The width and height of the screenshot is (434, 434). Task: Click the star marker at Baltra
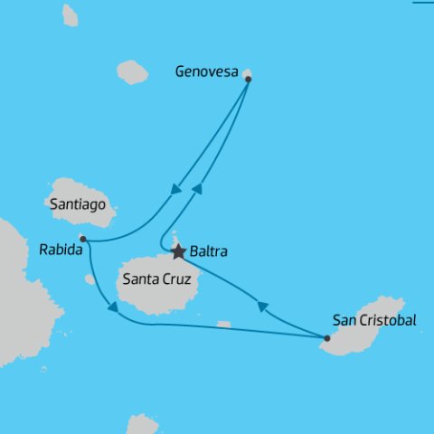coord(179,251)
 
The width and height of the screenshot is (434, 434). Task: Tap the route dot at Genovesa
coord(248,79)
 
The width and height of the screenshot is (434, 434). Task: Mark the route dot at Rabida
coord(82,240)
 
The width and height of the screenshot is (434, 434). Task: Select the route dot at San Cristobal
coord(326,339)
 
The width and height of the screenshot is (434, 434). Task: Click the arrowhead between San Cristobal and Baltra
coord(263,307)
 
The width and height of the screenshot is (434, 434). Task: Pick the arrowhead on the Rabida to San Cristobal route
coord(112,310)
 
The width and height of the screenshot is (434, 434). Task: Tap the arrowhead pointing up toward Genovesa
coord(198,189)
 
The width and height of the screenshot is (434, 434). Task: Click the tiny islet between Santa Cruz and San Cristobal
coord(223,325)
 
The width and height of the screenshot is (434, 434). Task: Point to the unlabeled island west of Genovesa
coord(132,72)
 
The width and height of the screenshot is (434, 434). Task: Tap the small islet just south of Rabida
coord(90,279)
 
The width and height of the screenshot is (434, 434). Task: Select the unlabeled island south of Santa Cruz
coord(142,424)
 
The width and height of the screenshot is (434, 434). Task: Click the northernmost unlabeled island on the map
coord(70,14)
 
